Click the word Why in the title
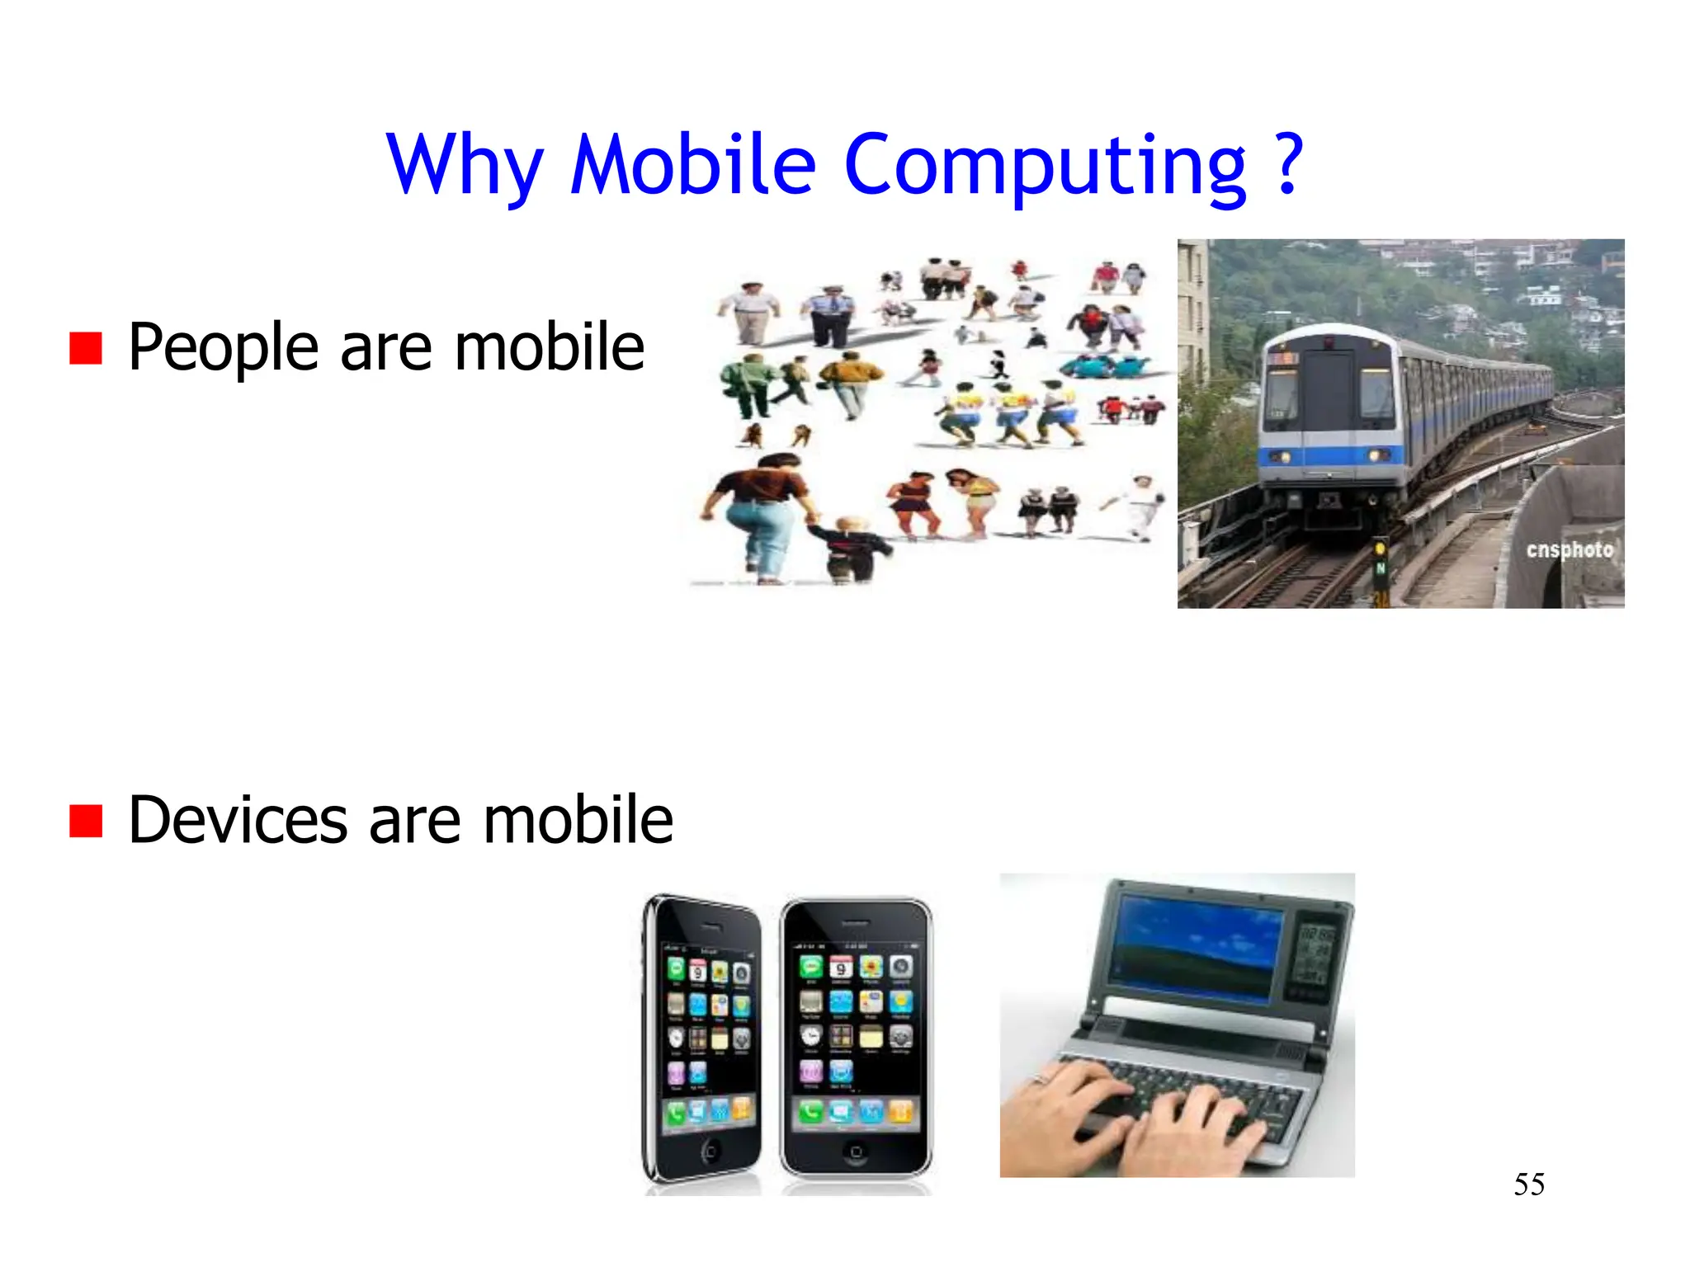464,165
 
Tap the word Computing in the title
1045,165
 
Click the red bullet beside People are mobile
86,348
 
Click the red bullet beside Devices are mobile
86,821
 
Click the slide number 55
1528,1185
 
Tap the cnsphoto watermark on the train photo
1569,550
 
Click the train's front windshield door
1328,396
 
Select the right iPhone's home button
856,1152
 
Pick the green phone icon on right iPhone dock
810,1114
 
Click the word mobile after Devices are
578,821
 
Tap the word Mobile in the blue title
693,165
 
